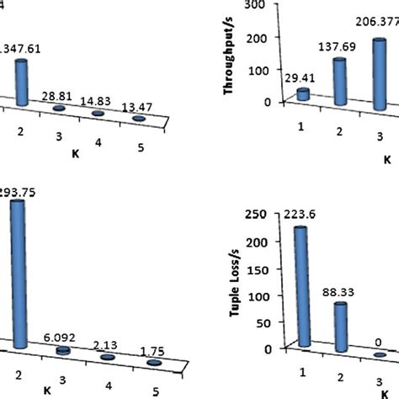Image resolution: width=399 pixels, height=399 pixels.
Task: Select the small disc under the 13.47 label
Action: click(138, 120)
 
